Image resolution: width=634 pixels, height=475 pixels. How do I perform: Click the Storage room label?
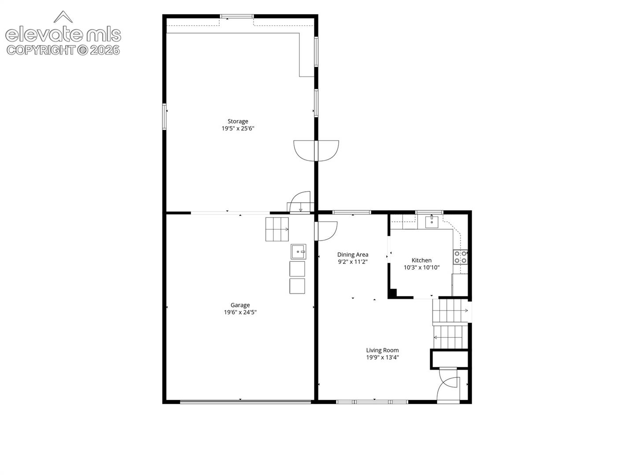pyautogui.click(x=238, y=121)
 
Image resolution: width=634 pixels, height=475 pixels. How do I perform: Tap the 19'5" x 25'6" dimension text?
pyautogui.click(x=238, y=128)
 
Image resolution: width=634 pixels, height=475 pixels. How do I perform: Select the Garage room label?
pyautogui.click(x=240, y=305)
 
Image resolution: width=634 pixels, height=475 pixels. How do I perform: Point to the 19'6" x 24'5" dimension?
pyautogui.click(x=240, y=312)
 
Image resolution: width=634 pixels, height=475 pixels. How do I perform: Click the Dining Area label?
pyautogui.click(x=353, y=255)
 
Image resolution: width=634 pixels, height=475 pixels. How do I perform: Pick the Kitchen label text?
pyautogui.click(x=421, y=260)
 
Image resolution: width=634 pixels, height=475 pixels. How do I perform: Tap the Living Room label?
pyautogui.click(x=383, y=351)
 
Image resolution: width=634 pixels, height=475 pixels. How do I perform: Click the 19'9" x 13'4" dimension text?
pyautogui.click(x=383, y=358)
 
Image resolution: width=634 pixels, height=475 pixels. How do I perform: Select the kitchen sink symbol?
pyautogui.click(x=431, y=222)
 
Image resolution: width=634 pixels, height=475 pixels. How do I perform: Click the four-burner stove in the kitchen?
pyautogui.click(x=461, y=257)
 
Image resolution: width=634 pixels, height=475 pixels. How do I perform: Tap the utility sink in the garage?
pyautogui.click(x=299, y=252)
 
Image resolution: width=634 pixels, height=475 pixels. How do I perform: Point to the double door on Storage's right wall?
pyautogui.click(x=316, y=150)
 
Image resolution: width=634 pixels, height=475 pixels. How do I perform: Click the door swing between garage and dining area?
pyautogui.click(x=326, y=231)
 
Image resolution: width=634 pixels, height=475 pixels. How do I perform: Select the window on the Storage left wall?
pyautogui.click(x=164, y=117)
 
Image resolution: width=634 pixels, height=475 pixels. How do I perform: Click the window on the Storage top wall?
pyautogui.click(x=236, y=16)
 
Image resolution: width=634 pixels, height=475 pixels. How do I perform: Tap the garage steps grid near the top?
pyautogui.click(x=277, y=229)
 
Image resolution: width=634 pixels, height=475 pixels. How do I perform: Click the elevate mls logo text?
pyautogui.click(x=63, y=35)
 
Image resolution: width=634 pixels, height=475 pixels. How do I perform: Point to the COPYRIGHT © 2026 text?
pyautogui.click(x=63, y=50)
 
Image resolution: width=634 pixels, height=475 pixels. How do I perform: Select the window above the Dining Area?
pyautogui.click(x=351, y=212)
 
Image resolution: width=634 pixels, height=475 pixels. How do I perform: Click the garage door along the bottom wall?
pyautogui.click(x=245, y=402)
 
